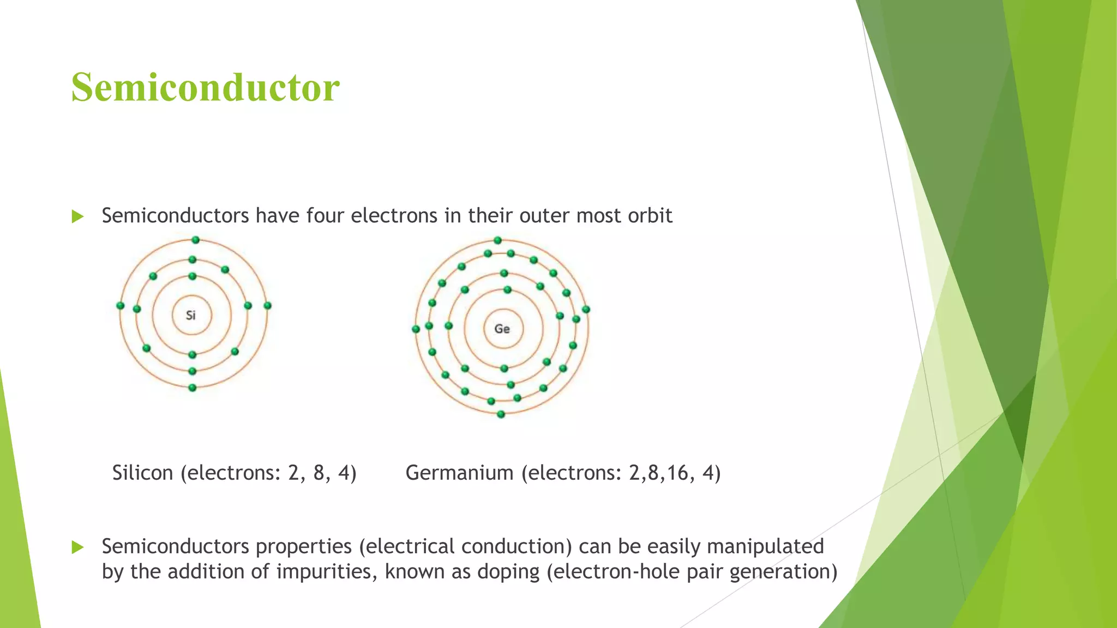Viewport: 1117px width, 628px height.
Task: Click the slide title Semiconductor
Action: (206, 87)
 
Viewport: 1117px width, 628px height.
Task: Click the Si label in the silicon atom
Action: (191, 315)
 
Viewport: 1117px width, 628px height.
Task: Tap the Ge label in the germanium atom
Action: (502, 329)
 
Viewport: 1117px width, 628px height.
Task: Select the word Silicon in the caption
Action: (142, 473)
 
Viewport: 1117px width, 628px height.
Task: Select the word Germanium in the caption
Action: (459, 473)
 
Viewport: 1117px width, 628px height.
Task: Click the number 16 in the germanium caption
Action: (677, 473)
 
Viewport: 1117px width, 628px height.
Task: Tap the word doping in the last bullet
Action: (508, 572)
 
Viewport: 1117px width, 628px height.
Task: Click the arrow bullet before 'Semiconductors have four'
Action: (77, 217)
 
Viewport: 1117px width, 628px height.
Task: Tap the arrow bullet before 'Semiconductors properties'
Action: (77, 547)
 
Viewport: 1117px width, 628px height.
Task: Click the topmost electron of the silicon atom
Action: (195, 240)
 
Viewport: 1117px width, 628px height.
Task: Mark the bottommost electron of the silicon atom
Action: (192, 388)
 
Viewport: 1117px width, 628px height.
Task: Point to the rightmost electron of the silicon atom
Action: (267, 306)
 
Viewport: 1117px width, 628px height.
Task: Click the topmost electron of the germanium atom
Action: (497, 240)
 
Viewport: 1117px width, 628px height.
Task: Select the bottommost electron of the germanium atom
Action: (501, 414)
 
